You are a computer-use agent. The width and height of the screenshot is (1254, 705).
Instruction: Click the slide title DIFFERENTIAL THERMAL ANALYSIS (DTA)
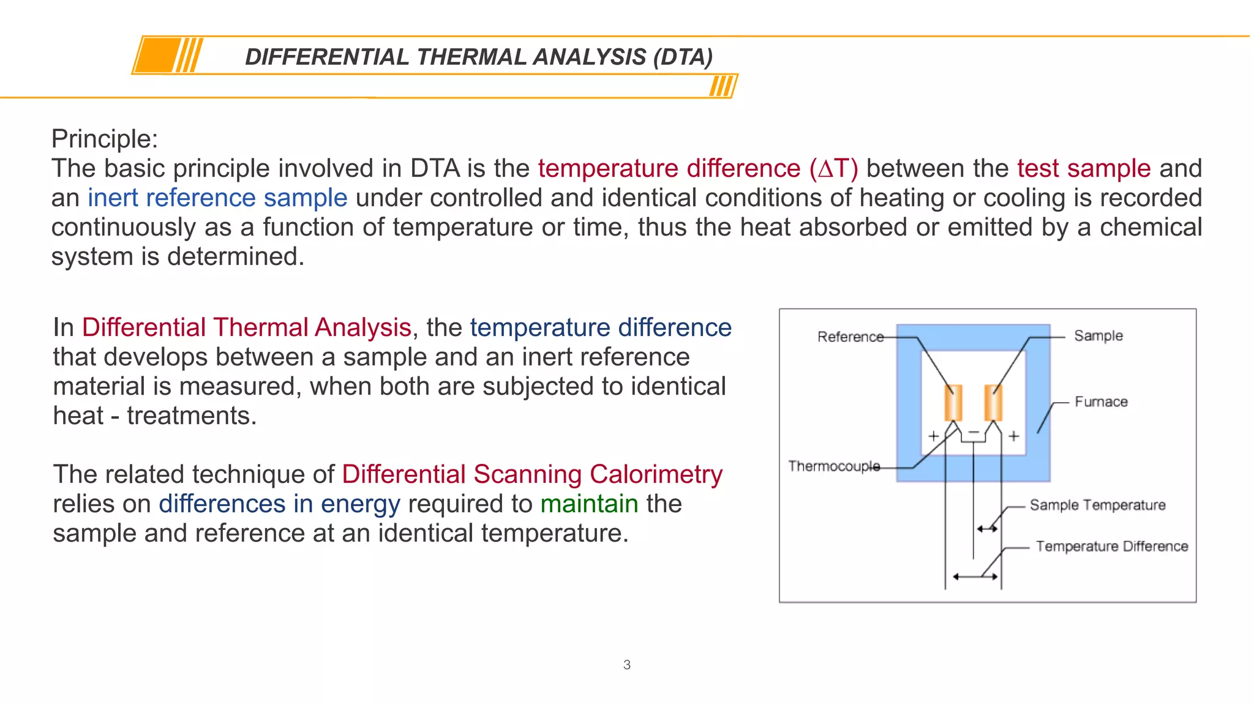479,57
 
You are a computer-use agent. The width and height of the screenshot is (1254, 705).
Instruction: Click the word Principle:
105,139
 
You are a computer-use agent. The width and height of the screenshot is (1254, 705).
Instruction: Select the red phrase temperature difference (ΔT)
698,168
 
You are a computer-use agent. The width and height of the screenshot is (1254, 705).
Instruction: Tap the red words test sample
1084,168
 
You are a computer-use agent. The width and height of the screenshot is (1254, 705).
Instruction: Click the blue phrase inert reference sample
217,198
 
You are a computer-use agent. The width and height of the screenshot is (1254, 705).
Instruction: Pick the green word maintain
589,504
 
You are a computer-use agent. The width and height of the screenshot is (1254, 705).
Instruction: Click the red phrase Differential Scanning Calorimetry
532,474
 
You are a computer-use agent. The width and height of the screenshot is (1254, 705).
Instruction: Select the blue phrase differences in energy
279,504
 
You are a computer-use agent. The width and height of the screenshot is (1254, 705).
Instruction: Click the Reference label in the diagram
850,337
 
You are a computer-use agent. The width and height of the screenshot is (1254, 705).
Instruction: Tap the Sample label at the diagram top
1098,335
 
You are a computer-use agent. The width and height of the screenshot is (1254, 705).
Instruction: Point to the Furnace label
1101,402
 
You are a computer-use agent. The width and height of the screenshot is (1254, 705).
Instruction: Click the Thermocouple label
833,466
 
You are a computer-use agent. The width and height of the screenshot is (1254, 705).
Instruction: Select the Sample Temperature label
1097,505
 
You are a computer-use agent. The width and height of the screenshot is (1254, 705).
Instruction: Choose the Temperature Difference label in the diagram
1111,546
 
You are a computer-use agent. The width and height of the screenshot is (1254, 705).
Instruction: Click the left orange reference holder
953,402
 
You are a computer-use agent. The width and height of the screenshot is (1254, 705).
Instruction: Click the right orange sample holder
993,402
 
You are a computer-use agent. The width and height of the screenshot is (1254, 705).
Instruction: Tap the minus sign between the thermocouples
974,432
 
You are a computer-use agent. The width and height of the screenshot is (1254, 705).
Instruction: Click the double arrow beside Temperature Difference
975,576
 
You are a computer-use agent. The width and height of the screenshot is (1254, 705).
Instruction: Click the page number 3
626,665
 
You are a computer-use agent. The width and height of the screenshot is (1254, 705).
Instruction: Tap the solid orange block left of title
157,56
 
